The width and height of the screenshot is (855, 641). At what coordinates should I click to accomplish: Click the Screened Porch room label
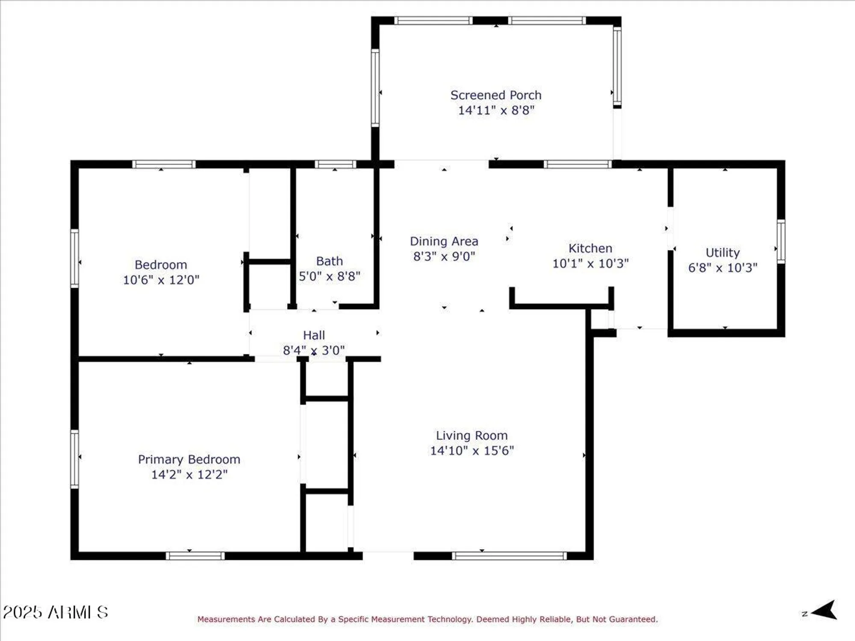click(x=496, y=95)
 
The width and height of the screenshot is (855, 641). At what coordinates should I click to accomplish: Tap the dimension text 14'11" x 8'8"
click(x=496, y=110)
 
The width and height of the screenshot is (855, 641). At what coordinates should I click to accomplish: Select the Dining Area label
click(x=444, y=241)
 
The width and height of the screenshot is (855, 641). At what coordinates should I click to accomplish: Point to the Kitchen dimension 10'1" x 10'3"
click(x=590, y=264)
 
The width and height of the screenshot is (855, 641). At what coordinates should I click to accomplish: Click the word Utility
click(x=722, y=253)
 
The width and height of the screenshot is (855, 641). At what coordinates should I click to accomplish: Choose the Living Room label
click(x=472, y=435)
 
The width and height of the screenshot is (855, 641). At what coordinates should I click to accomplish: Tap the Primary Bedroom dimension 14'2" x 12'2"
click(x=189, y=474)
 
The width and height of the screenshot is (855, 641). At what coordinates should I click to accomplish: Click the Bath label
click(x=329, y=261)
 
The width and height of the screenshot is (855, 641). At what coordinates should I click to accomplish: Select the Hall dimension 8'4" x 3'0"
click(x=314, y=350)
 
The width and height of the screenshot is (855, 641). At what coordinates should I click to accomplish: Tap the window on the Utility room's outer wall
click(x=781, y=241)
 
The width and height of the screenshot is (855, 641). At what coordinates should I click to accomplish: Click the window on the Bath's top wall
click(x=336, y=164)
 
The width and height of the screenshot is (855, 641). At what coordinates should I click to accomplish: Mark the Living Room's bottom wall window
click(x=509, y=556)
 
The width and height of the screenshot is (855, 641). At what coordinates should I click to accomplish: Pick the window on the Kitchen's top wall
click(x=578, y=164)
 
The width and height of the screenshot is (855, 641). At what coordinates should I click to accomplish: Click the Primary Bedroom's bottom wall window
click(x=195, y=556)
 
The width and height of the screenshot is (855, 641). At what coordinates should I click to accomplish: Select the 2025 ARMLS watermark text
click(x=56, y=612)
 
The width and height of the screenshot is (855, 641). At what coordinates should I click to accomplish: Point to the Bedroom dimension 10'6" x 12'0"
click(x=161, y=280)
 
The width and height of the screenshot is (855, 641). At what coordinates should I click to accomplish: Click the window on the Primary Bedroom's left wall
click(x=75, y=459)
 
